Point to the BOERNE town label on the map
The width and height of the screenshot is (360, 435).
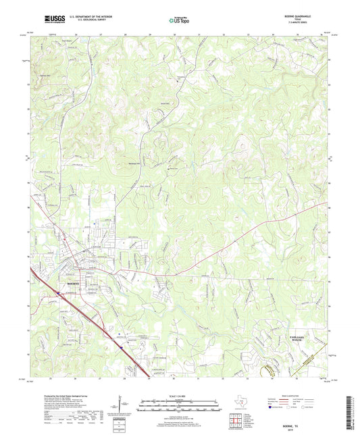coord(72,284)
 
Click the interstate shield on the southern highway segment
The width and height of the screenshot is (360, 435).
coord(122,344)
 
